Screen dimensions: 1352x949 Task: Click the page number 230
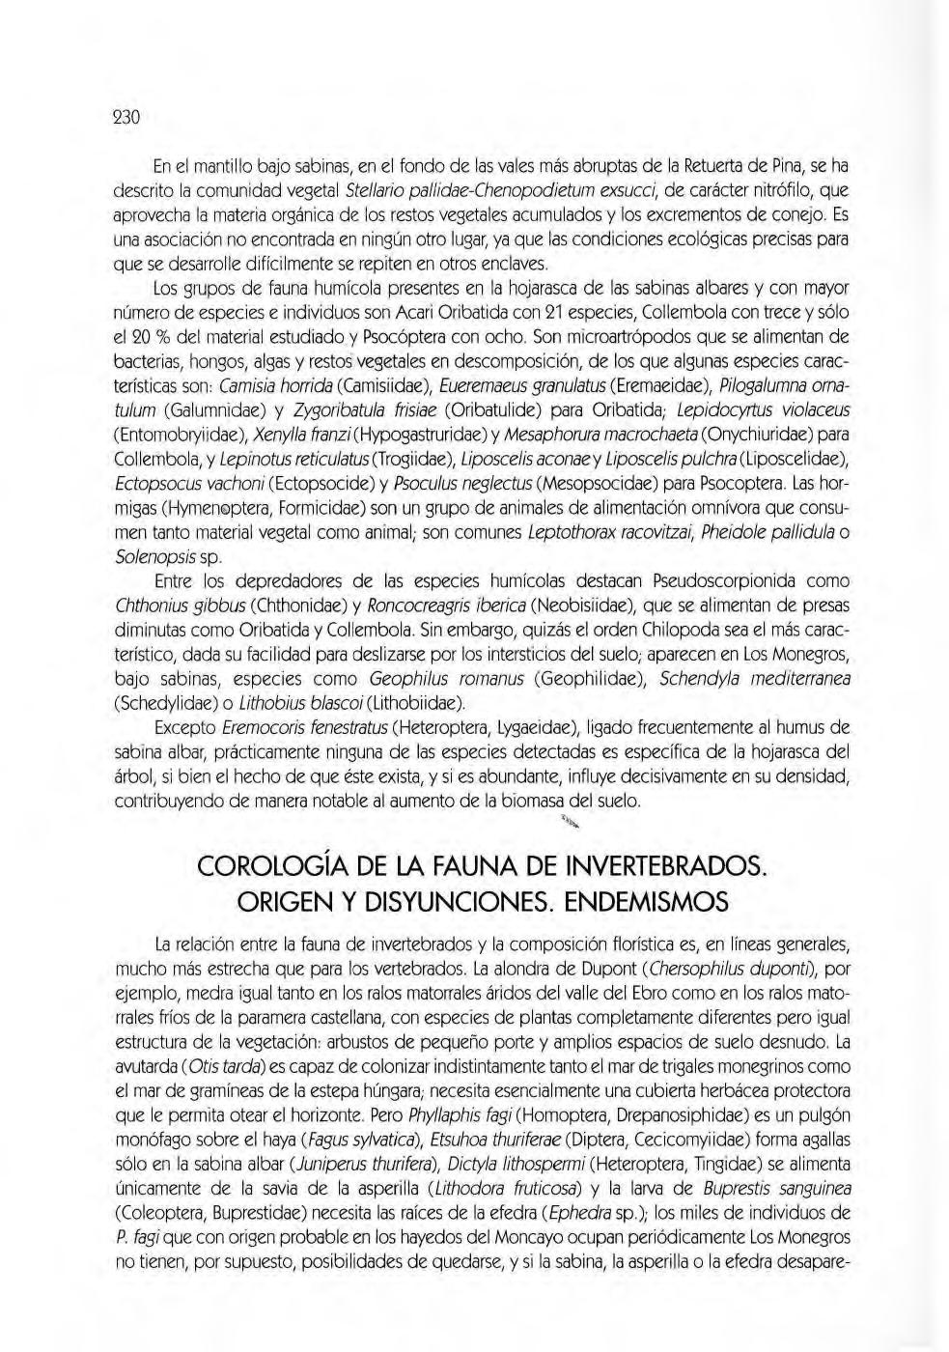127,118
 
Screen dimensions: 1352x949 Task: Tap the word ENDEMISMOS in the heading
646,902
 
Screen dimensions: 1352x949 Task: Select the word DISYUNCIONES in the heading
439,902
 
